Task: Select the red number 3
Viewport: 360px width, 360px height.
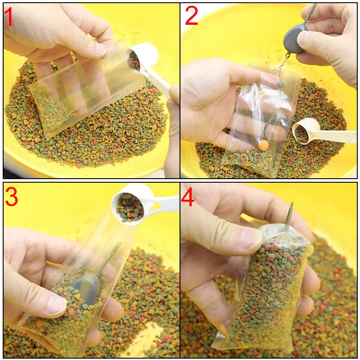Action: point(11,197)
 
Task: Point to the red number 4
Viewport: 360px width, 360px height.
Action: point(188,197)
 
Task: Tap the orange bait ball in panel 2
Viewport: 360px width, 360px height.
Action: point(263,144)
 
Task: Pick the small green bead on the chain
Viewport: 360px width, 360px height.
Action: point(280,84)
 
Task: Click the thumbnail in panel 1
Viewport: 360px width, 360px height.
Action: point(100,49)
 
